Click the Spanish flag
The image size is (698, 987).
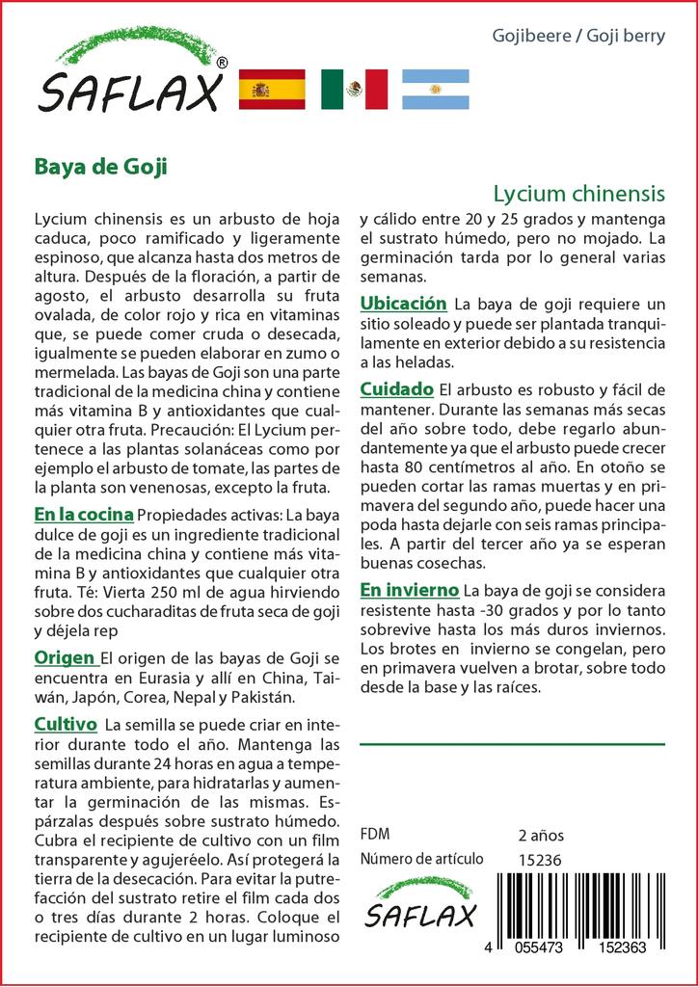click(271, 89)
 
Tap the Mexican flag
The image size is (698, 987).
click(354, 89)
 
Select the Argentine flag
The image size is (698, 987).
click(435, 89)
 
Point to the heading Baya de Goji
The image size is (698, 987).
click(100, 166)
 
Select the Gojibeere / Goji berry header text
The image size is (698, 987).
click(578, 37)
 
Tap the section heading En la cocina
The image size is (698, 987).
click(83, 515)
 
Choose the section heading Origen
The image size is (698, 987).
click(64, 657)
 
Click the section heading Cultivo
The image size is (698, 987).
click(65, 724)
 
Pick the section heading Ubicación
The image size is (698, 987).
click(403, 304)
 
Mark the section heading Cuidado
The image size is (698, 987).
click(396, 389)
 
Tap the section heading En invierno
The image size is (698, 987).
click(410, 589)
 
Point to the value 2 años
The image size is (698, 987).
click(541, 835)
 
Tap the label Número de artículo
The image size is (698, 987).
click(421, 860)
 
